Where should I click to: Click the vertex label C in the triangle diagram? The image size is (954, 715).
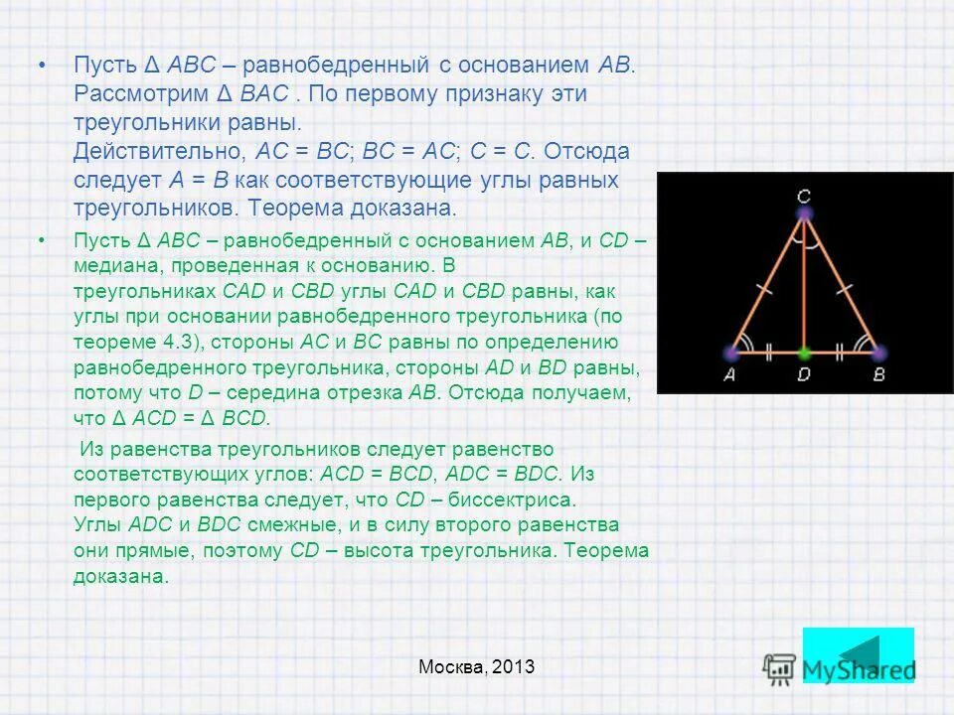click(x=804, y=195)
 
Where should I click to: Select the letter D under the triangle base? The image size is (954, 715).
click(x=804, y=375)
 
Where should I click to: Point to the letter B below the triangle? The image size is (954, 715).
click(x=877, y=375)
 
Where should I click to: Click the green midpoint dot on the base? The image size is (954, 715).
click(x=804, y=352)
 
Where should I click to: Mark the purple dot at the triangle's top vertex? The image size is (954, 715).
click(x=804, y=214)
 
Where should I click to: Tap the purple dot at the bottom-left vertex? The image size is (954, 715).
click(x=731, y=352)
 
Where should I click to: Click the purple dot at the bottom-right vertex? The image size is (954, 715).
click(x=877, y=352)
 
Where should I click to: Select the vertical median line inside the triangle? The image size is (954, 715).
click(x=804, y=288)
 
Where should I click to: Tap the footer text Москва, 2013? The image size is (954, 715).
click(x=476, y=667)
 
